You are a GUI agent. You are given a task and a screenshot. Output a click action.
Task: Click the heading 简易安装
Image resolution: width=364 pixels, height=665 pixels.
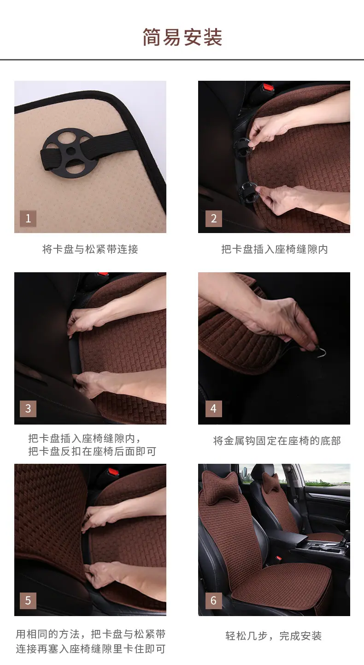point(182,37)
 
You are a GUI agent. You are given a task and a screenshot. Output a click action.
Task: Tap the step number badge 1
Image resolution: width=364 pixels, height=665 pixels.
point(28,218)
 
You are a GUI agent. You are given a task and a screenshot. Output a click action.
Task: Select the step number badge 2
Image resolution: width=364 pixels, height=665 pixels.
point(214,218)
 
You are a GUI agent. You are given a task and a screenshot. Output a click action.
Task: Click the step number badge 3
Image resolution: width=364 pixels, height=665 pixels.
point(28,408)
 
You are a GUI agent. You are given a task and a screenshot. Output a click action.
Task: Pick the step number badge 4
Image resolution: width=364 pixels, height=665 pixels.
point(214,408)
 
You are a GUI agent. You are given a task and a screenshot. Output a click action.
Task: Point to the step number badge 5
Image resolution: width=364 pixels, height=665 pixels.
point(28,600)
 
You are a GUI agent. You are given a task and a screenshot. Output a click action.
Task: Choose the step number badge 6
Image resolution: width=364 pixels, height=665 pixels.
point(214,600)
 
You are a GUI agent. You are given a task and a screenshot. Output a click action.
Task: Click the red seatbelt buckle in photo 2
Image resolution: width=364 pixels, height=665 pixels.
point(269,88)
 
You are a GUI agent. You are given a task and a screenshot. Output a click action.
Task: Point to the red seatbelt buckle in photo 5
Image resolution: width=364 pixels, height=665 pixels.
point(113,472)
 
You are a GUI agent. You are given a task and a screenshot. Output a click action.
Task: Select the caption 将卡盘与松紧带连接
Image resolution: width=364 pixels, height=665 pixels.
point(90,249)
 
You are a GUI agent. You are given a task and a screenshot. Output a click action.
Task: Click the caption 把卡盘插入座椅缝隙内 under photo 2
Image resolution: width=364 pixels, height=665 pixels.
point(275,249)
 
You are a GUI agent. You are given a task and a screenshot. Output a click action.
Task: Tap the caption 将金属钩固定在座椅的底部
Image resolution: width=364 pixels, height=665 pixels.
point(277,441)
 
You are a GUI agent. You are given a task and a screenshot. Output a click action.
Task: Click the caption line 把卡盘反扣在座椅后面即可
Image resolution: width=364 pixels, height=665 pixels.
point(92,451)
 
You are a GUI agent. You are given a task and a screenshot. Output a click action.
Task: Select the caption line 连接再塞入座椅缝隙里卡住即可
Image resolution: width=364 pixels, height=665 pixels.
point(91,649)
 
